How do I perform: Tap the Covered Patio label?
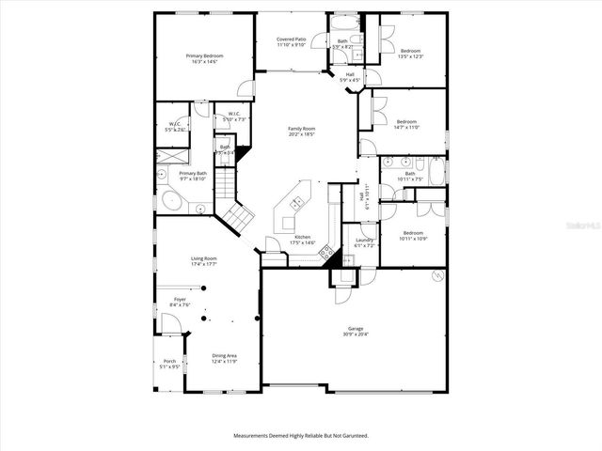291,42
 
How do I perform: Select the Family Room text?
301,131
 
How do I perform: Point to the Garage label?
355,331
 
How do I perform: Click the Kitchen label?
302,240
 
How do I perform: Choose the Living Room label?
204,261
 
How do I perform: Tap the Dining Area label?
223,358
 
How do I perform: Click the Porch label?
169,364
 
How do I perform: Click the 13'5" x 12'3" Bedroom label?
411,54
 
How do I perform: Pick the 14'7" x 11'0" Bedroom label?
406,125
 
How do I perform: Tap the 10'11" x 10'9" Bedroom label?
413,235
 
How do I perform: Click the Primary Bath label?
193,176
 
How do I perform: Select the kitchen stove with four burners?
326,251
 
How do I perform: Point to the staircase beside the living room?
235,211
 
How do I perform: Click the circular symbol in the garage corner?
437,275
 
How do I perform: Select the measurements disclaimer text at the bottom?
301,436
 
